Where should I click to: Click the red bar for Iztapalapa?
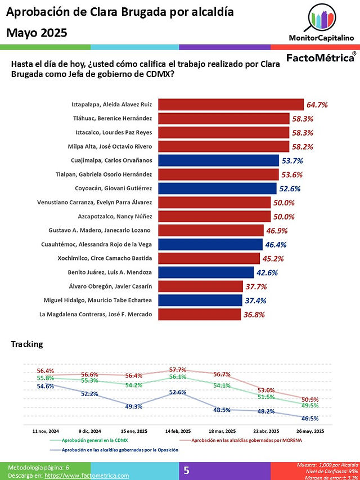pos(231,105)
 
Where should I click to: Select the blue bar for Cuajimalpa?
pos(219,160)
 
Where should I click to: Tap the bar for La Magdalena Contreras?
pos(200,315)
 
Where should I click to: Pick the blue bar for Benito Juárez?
pos(206,272)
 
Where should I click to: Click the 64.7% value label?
pos(317,105)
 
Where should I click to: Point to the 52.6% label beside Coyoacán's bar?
pos(290,189)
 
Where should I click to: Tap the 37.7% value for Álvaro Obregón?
pos(256,287)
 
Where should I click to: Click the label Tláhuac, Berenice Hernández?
pos(112,119)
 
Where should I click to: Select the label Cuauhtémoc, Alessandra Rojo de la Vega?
pos(96,244)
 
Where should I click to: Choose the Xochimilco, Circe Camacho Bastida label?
pos(105,258)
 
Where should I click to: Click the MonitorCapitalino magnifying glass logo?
pos(321,18)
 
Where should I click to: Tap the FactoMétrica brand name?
pos(320,57)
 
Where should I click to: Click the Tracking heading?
pos(27,344)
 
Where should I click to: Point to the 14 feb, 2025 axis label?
pos(178,431)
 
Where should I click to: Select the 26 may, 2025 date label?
pos(310,431)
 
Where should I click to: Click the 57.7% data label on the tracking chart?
pos(178,370)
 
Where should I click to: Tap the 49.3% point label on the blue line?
pos(134,406)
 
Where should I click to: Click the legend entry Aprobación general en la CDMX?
pos(94,440)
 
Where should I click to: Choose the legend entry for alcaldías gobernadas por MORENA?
pos(246,440)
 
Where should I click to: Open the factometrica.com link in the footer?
pos(87,475)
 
